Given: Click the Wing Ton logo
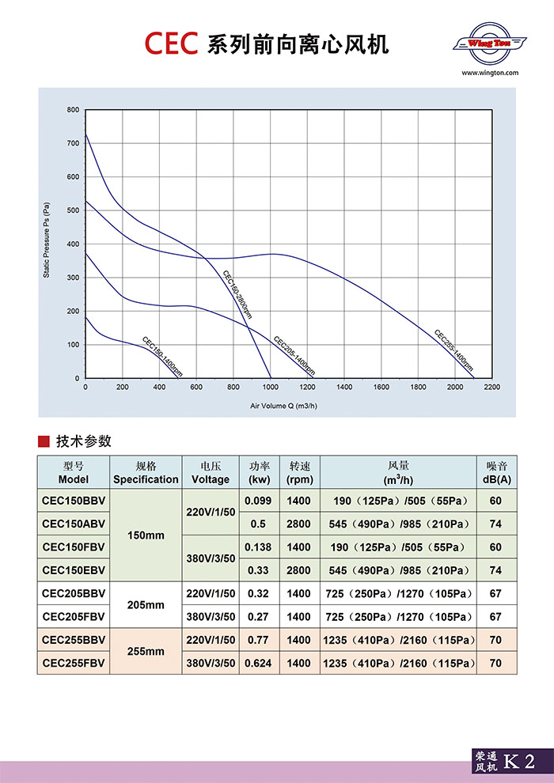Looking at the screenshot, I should (x=488, y=43).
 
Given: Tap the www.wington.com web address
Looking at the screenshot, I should (x=489, y=72).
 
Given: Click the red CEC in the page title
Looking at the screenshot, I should (x=170, y=43).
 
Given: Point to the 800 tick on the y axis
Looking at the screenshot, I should (x=73, y=109).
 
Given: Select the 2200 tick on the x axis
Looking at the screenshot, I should (x=491, y=388).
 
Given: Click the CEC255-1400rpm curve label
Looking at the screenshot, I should (x=454, y=350).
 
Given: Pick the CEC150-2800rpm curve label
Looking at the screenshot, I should (x=237, y=294).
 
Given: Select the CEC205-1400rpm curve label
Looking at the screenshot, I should (x=294, y=356).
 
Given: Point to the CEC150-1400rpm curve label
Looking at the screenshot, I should (x=162, y=356).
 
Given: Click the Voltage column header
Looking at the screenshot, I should (x=211, y=473).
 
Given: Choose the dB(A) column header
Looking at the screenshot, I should (x=496, y=473).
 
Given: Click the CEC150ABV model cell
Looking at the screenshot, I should (x=74, y=524).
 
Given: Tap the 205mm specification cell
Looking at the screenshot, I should (x=146, y=605).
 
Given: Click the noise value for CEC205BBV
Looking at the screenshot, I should (x=496, y=593).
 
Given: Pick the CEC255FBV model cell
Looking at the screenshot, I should (x=74, y=663).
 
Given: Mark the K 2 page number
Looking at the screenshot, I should (x=519, y=762).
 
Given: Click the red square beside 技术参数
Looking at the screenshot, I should (x=44, y=441).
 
